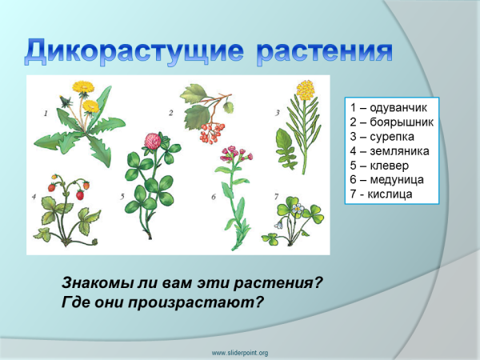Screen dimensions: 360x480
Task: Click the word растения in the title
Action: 324,50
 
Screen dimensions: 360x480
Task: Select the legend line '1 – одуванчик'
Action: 385,107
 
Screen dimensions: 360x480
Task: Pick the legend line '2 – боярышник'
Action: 389,122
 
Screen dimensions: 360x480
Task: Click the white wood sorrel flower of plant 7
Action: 298,211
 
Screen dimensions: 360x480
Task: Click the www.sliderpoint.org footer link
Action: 239,352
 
